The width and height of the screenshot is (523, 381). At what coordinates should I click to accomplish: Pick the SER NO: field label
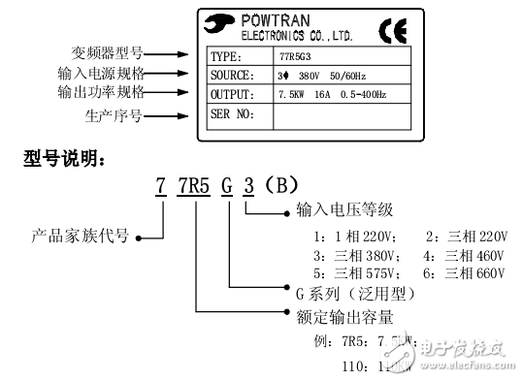233,114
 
